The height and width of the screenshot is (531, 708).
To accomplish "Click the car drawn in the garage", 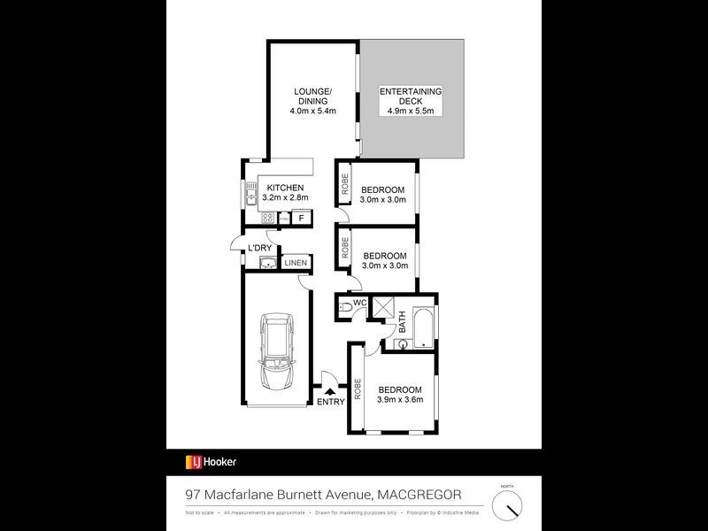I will click(x=277, y=354).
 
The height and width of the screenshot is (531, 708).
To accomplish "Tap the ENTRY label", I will click(x=331, y=403).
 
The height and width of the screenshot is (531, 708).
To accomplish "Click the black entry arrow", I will click(x=331, y=390).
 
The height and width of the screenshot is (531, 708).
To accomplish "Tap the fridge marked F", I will click(x=301, y=218).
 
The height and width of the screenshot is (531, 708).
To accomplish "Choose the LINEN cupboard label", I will click(x=296, y=263).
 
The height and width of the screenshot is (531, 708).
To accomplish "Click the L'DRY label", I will click(x=258, y=247).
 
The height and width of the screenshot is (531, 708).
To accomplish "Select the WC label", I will click(x=359, y=303).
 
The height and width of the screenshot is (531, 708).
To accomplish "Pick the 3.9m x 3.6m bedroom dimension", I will click(x=401, y=399).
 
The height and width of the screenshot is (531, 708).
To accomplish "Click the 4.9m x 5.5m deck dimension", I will click(x=411, y=111).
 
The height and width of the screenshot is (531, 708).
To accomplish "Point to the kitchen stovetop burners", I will click(x=266, y=218).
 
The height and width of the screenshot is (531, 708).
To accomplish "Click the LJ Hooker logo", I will click(x=211, y=462).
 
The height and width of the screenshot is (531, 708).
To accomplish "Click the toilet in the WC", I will click(x=343, y=309).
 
